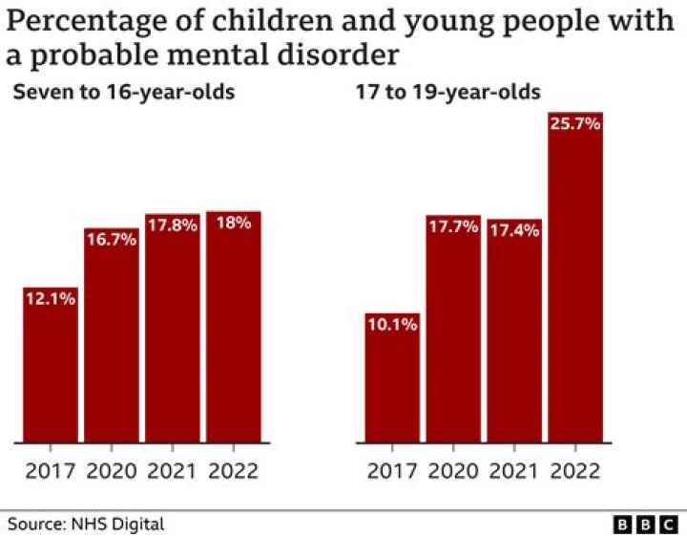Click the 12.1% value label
[50, 299]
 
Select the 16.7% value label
[112, 240]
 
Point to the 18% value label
[233, 224]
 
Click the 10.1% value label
[392, 325]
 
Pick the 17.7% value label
[453, 227]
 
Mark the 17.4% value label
[514, 231]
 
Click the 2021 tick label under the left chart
[172, 471]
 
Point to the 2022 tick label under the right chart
[574, 471]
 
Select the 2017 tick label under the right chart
[392, 471]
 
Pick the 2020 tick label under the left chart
[112, 471]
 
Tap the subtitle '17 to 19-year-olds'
[446, 93]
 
